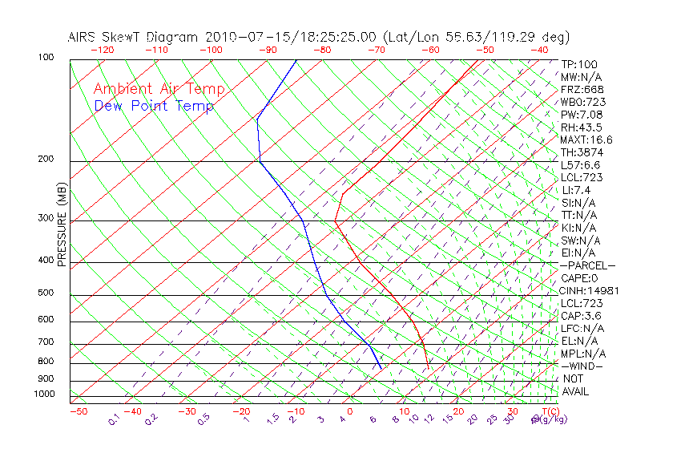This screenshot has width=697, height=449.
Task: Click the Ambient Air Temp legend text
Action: (159, 90)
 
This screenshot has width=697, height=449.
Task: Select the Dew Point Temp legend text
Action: (154, 106)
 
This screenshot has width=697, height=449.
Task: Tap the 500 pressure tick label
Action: (46, 294)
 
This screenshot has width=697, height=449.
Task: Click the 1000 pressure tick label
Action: (45, 394)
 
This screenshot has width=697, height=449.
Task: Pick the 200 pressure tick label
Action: (46, 160)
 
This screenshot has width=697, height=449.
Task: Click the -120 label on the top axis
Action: (102, 50)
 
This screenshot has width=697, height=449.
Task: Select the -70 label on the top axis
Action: (375, 50)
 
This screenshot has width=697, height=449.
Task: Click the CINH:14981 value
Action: (590, 291)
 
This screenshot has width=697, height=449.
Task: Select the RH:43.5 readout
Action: (582, 127)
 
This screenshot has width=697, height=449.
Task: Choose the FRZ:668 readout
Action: (582, 90)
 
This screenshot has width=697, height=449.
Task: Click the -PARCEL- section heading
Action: (588, 265)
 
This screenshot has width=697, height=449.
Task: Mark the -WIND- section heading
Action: (582, 366)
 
